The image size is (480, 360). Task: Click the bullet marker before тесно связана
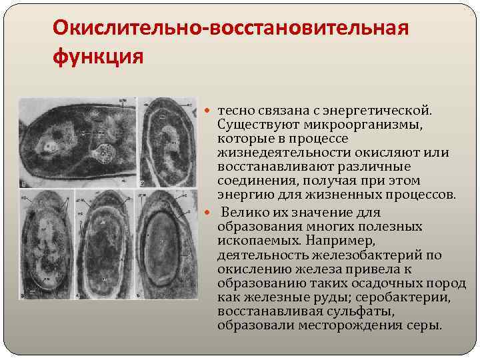211,109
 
